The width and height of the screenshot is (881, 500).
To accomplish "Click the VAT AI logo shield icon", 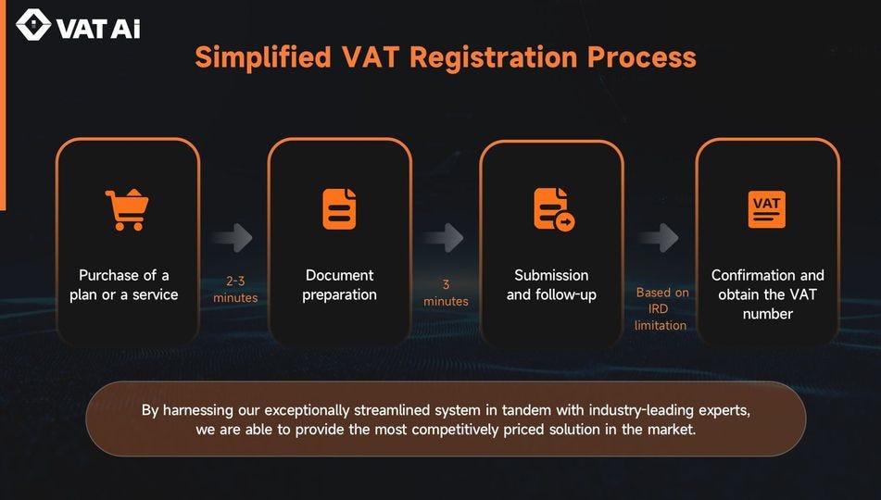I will pos(34,27).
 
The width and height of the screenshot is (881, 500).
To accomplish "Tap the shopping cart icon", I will pos(127,209).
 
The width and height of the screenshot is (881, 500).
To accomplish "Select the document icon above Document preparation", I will pos(339,209).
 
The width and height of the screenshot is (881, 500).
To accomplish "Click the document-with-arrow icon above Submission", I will pos(553,209).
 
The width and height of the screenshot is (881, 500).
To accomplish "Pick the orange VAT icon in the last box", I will pos(766,209).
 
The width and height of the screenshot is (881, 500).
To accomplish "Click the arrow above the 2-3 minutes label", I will pos(232,237).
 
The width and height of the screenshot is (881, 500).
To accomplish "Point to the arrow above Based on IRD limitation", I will pos(658,237).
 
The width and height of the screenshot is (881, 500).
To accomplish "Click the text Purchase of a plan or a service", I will pos(124,285).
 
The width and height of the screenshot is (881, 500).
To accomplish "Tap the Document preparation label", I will pos(339,285).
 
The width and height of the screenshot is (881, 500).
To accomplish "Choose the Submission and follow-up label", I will pos(551,285).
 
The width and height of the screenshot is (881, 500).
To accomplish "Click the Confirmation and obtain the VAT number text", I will pos(767,294).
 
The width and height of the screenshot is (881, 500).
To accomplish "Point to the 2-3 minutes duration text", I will pos(235,289).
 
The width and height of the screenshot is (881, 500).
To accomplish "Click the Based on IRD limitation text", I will pos(661,308).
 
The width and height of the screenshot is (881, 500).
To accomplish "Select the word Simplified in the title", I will pos(262,56).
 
